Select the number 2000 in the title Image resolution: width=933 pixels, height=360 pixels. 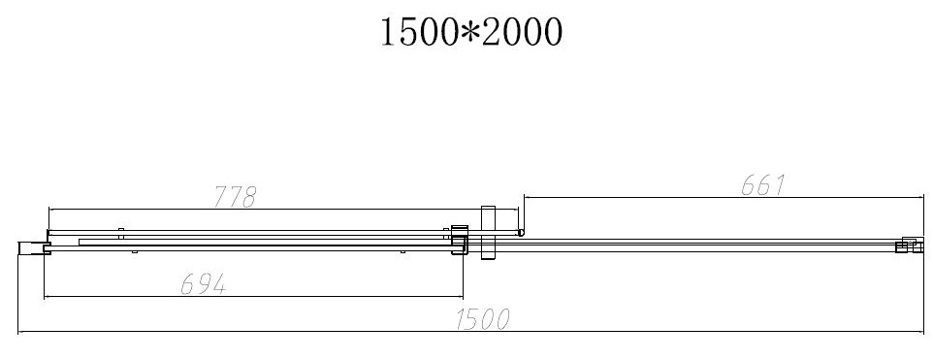pos(521,32)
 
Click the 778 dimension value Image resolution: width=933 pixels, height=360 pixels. pos(235,197)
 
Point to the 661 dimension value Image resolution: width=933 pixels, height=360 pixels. pos(764,185)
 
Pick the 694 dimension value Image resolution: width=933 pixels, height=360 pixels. pos(204,284)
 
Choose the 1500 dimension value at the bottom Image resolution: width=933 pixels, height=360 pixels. pos(483,319)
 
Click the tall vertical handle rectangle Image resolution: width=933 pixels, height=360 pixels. pos(488,232)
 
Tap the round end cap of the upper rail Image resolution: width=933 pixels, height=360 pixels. pos(521,233)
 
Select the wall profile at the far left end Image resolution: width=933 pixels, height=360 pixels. pos(33,247)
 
